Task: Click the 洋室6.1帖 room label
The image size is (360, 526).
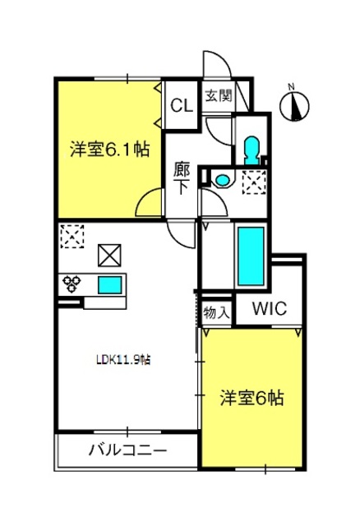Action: [109, 150]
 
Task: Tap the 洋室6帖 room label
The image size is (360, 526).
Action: [252, 399]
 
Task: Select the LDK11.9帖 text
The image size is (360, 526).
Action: [123, 360]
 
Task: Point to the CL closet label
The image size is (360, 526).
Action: [182, 105]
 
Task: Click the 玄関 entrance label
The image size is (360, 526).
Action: [219, 96]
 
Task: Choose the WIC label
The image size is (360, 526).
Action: [270, 309]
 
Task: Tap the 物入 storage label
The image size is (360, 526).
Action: [216, 313]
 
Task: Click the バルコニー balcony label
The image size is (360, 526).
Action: [128, 450]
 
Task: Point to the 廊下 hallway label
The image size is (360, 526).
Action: [182, 179]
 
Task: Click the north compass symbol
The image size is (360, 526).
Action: [294, 105]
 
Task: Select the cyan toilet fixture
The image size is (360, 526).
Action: [252, 150]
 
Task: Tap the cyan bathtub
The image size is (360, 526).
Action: [251, 256]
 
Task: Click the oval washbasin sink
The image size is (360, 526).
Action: [221, 180]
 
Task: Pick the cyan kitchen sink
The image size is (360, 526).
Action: [109, 285]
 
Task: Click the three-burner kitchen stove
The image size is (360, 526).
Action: [72, 284]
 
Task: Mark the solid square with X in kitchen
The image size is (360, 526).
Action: [109, 256]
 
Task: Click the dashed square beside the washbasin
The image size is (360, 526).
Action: [254, 182]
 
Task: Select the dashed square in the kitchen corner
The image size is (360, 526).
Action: [72, 237]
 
